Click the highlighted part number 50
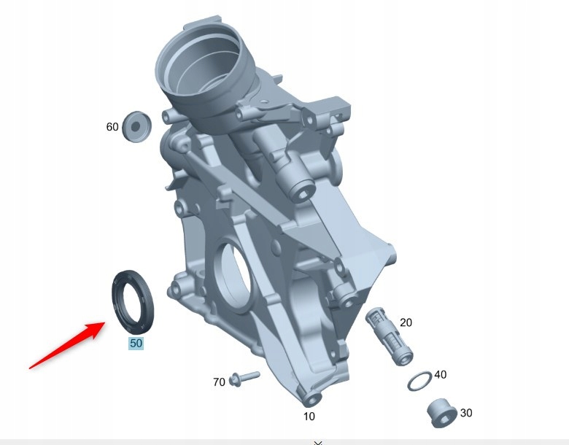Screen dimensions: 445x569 coord(136,343)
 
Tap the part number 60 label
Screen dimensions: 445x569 coord(112,127)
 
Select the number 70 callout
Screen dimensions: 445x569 coord(219,382)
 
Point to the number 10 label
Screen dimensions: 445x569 coord(309,417)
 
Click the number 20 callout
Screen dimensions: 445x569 coord(406,322)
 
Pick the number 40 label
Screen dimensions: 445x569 coord(440,374)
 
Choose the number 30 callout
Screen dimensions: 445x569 coord(465,413)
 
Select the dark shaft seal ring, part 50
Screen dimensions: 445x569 coord(132,299)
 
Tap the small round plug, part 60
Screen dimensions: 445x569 coord(136,125)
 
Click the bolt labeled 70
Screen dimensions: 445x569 coord(244,378)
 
